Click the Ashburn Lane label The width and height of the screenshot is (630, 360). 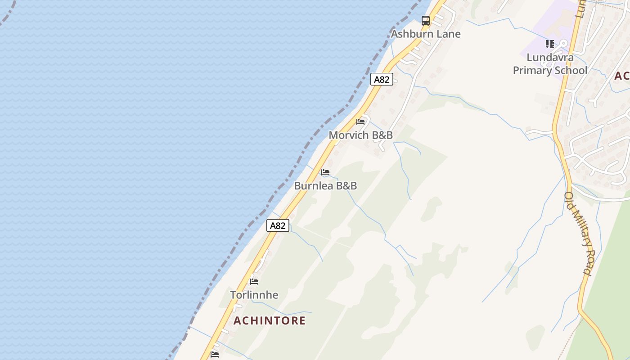425,34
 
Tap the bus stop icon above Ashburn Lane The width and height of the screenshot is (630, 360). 425,20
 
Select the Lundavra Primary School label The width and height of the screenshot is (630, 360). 550,64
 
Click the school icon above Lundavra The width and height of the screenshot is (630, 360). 550,44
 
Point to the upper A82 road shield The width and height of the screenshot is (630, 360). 382,80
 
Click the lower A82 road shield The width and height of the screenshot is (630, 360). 278,225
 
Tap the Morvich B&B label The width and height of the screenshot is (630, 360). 360,135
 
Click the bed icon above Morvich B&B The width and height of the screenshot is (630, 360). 360,121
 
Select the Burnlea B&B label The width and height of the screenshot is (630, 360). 325,185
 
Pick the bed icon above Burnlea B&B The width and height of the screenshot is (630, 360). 325,172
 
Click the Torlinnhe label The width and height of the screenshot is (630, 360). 254,295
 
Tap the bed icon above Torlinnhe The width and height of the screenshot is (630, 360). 254,282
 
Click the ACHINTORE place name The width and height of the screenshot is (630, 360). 270,320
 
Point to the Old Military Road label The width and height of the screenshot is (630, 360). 578,233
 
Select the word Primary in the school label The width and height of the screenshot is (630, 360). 534,71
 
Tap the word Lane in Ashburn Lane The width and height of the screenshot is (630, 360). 448,34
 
